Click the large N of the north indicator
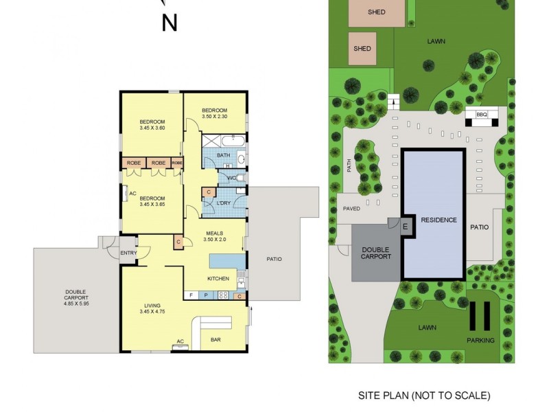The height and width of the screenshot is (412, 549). [170, 23]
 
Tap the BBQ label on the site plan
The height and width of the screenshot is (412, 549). [481, 115]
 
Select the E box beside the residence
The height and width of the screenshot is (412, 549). [405, 226]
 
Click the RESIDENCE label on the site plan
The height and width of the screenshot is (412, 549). [438, 220]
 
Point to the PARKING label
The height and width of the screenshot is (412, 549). [480, 340]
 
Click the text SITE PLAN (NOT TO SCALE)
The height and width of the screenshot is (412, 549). [424, 396]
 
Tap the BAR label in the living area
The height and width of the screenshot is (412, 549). [215, 339]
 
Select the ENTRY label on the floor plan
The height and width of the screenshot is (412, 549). [129, 253]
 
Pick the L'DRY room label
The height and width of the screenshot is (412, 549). [223, 204]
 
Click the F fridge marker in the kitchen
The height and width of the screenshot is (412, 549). [192, 295]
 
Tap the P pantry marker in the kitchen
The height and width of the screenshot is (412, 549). [206, 295]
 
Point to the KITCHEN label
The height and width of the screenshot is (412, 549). [218, 278]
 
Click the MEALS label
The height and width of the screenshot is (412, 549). [215, 233]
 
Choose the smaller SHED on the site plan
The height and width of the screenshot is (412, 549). [362, 49]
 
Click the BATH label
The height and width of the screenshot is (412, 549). [223, 156]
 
